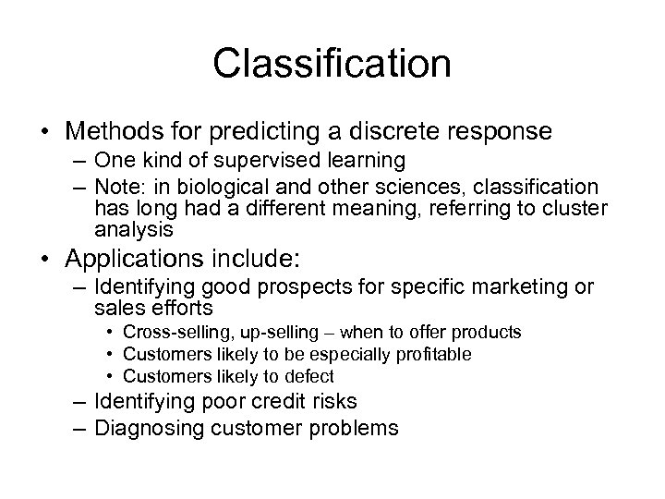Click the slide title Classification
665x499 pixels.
(x=332, y=64)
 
